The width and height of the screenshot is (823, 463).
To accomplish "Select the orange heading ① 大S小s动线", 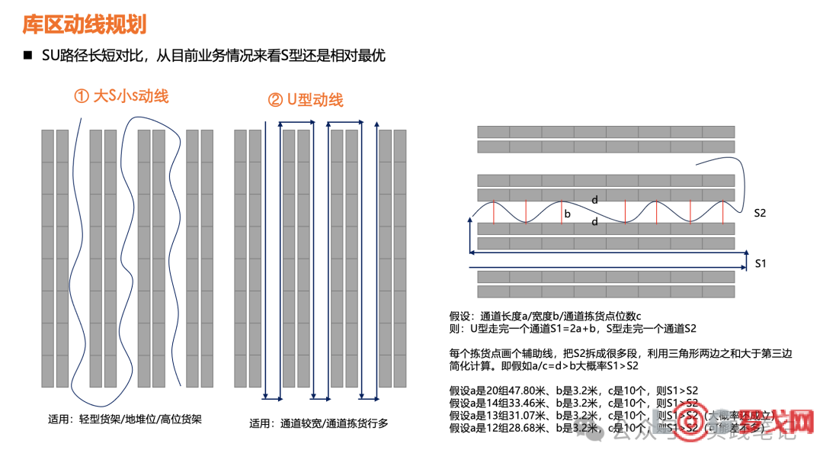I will (120, 96).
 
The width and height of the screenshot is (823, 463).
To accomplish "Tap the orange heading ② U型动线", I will (305, 100).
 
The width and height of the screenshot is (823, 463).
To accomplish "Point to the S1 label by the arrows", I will (760, 263).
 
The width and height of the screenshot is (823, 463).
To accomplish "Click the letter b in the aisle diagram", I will (567, 214).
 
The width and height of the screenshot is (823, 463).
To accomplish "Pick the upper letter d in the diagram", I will (595, 200).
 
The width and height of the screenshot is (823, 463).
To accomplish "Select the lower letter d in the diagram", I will (595, 223).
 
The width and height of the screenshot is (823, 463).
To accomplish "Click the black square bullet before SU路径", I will (28, 56).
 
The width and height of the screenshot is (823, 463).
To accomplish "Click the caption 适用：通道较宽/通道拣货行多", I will (319, 423).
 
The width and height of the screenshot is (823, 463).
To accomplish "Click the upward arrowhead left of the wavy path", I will (469, 220).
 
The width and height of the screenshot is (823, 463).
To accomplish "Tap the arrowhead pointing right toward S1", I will (742, 268).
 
